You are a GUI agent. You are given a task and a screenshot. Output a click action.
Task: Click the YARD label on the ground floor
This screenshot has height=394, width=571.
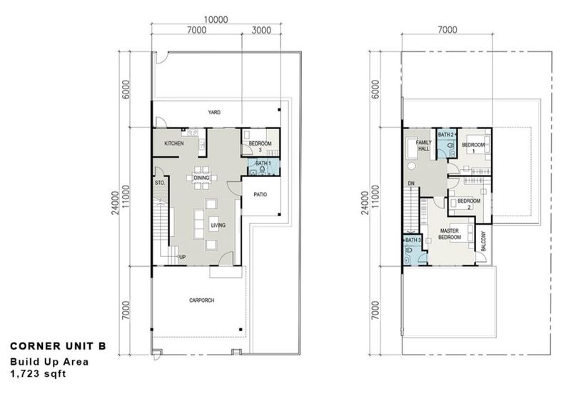tap(213, 112)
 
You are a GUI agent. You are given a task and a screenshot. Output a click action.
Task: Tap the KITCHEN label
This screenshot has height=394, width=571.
tap(174, 143)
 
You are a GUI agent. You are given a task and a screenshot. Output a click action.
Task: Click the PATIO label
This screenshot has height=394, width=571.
tap(260, 193)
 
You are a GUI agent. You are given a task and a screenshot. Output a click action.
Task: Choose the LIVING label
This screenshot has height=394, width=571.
tap(218, 226)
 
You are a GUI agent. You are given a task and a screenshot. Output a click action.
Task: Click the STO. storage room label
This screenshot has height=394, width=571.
tap(160, 183)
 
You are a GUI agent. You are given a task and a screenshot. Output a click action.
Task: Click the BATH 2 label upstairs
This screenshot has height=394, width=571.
tap(446, 134)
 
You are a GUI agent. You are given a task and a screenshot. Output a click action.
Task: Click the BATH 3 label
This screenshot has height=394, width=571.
tap(412, 241)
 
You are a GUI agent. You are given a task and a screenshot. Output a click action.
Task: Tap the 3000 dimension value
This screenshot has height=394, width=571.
tap(261, 30)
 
